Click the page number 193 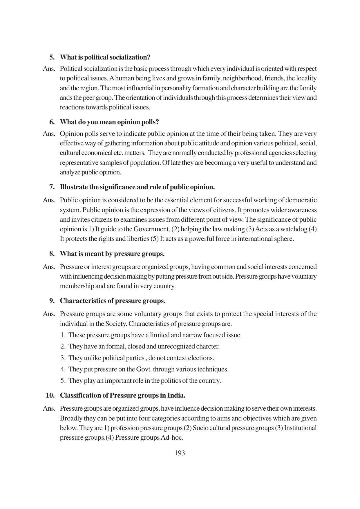(x=180, y=453)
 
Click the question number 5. (x=52, y=57)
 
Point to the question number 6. (x=52, y=122)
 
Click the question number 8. (x=52, y=254)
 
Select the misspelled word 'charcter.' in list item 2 (x=208, y=346)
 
